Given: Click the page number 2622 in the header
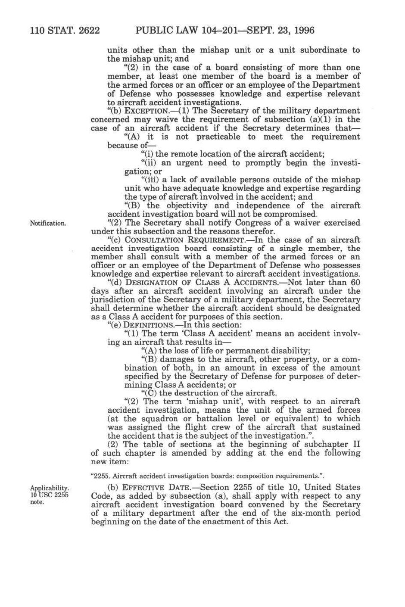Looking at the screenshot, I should pos(87,31).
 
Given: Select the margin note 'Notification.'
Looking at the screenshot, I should pos(48,223).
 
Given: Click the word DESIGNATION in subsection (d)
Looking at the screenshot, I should pos(153,283).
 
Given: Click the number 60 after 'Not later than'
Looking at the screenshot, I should pos(355,283).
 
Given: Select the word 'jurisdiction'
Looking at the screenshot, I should pos(115,300).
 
